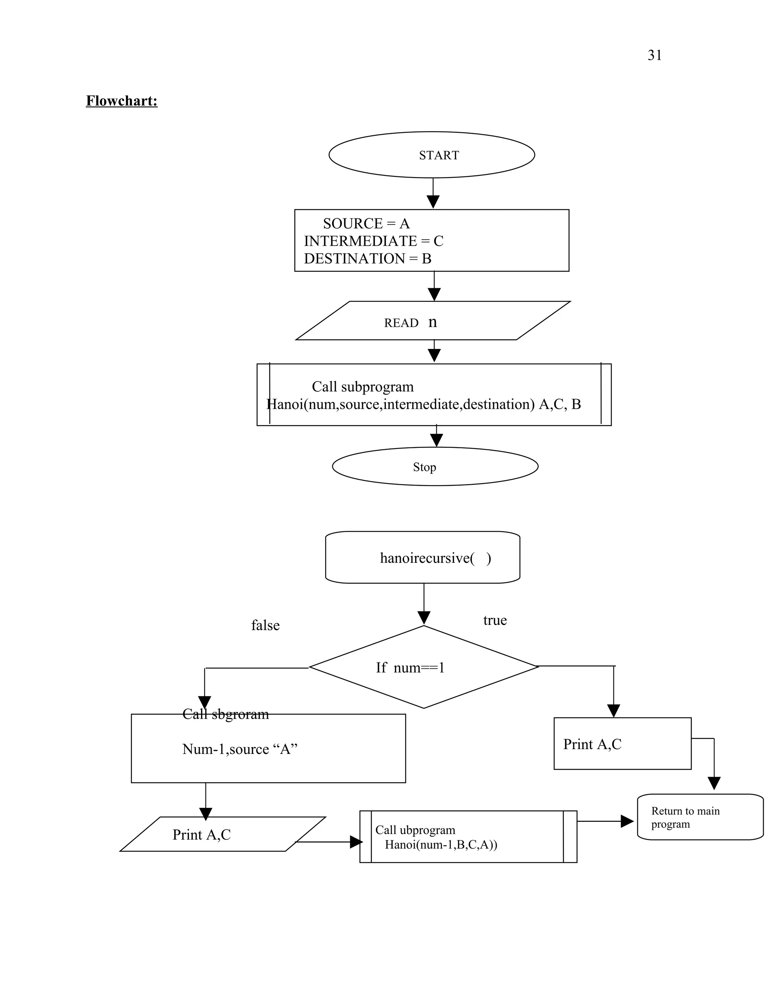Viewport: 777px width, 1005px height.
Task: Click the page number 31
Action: [654, 55]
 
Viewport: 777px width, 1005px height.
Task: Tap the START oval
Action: [432, 155]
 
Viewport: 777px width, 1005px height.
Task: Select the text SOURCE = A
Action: [366, 224]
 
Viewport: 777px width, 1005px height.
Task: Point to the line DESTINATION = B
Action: [367, 259]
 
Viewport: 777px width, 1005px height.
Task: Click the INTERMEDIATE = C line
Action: [373, 241]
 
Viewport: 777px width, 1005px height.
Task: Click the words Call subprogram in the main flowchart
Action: [363, 386]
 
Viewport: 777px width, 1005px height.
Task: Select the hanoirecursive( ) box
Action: [423, 558]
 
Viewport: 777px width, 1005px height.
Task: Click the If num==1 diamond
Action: [423, 667]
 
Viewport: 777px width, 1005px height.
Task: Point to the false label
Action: [265, 625]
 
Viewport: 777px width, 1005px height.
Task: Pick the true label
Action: [495, 620]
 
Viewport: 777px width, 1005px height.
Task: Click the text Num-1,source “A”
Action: [240, 749]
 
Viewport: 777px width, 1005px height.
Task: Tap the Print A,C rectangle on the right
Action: [622, 744]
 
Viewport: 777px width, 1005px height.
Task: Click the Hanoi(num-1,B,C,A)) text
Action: [441, 845]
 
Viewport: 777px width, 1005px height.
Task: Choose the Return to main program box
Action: [700, 817]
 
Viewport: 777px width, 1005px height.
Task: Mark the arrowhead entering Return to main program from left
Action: [627, 821]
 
